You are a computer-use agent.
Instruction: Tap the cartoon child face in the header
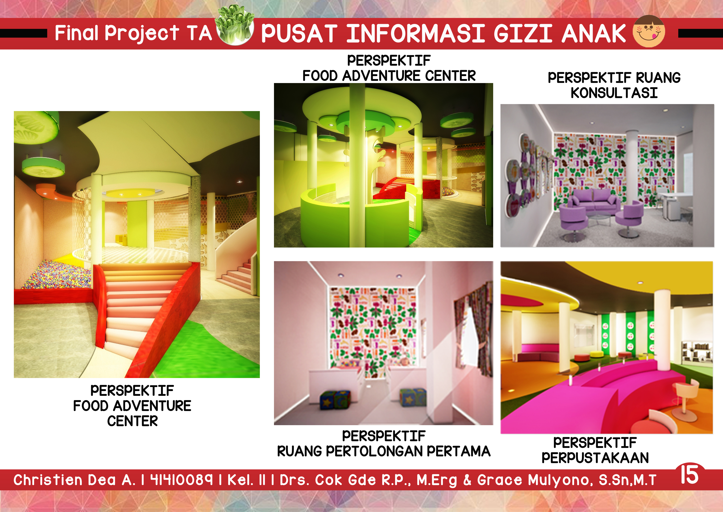[649, 31]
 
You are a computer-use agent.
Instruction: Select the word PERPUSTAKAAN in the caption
[595, 457]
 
